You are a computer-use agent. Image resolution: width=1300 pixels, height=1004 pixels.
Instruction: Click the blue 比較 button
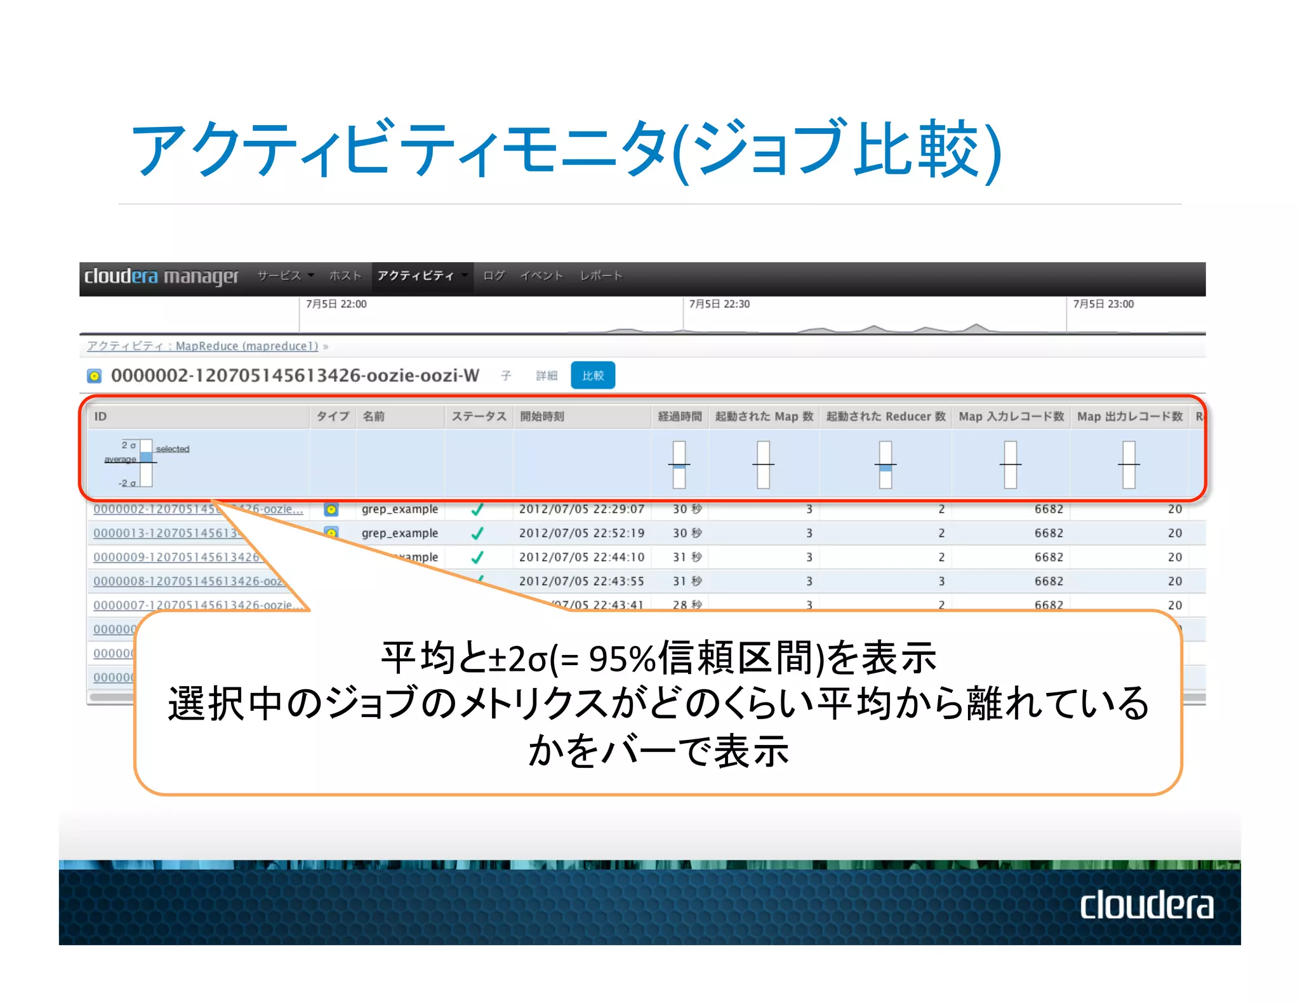click(x=592, y=375)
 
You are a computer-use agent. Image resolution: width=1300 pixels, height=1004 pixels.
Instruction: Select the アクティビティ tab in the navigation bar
click(x=416, y=275)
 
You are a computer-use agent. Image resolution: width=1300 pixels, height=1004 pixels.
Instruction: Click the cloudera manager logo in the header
click(x=161, y=276)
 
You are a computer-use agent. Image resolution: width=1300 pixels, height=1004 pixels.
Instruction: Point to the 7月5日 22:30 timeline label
click(x=719, y=304)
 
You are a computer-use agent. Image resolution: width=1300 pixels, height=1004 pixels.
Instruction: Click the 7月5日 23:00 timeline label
click(x=1103, y=304)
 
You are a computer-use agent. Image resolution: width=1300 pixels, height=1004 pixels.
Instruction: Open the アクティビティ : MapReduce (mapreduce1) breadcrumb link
click(x=202, y=346)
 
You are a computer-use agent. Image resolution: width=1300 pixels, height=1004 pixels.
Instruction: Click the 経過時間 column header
click(x=679, y=416)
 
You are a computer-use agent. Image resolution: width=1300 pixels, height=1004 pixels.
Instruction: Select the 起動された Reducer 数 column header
click(x=885, y=416)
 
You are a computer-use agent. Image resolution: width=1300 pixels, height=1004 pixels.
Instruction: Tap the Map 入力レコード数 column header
click(x=1011, y=416)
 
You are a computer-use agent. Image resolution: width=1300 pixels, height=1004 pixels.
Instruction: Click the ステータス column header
click(x=479, y=416)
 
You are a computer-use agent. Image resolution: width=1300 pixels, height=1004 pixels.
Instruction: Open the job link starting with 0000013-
click(x=165, y=533)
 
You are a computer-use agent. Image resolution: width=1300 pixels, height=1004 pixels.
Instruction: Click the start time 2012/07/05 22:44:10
click(x=581, y=557)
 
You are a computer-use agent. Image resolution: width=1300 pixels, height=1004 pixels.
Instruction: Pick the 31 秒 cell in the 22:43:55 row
click(x=687, y=581)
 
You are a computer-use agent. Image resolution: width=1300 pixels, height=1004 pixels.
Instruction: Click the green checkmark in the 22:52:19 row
click(x=477, y=533)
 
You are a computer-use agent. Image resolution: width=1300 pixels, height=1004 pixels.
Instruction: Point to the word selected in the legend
click(x=173, y=449)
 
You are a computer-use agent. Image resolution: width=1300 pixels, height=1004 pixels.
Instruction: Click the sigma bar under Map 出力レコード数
click(x=1128, y=465)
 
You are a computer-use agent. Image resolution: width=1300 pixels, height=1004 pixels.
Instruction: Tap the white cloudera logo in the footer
click(x=1146, y=905)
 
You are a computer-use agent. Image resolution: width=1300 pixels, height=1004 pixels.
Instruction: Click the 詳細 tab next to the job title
click(x=546, y=376)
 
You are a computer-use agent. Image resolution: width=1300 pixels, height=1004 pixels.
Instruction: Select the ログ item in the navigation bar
click(x=493, y=275)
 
